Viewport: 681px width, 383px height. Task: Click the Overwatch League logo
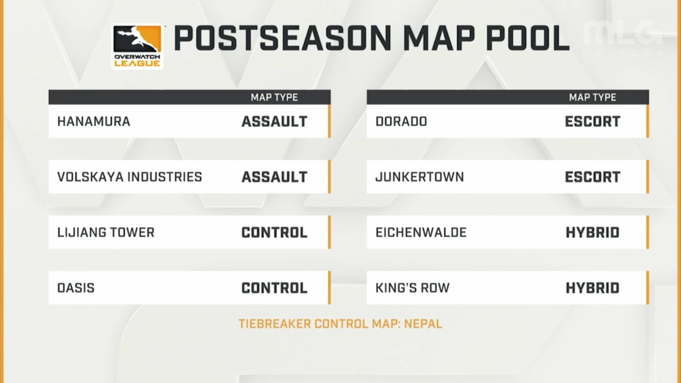point(137,46)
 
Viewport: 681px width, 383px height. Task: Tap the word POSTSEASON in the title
point(282,38)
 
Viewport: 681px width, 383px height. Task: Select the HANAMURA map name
point(94,122)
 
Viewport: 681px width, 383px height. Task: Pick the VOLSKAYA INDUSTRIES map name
point(130,177)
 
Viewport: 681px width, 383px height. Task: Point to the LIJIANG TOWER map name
point(106,233)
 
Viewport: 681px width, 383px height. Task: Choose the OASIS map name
point(76,288)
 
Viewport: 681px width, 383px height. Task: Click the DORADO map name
point(401,122)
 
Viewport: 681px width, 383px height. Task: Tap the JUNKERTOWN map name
point(420,177)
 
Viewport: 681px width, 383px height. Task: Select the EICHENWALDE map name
point(421,233)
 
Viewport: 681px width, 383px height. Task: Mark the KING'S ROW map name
point(413,288)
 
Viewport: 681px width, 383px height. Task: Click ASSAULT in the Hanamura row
point(275,122)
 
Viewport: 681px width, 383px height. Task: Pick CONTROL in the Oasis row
point(275,288)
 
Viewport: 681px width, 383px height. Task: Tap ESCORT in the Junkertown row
point(593,177)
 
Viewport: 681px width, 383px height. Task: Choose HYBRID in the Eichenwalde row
point(593,233)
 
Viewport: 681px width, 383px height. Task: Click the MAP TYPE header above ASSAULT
point(275,97)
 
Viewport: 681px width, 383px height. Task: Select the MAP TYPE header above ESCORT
point(593,97)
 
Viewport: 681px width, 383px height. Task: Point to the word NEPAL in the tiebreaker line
point(423,324)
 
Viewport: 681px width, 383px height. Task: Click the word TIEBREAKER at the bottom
point(275,324)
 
